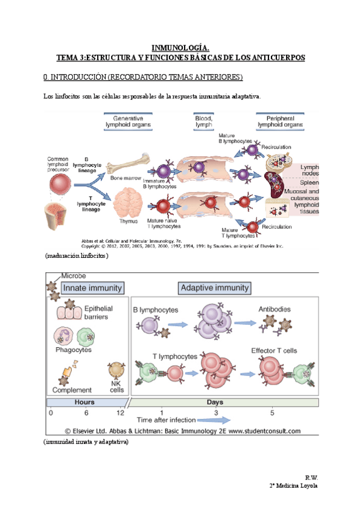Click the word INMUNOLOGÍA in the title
point(180,48)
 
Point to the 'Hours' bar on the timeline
point(84,402)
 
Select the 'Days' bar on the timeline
point(224,402)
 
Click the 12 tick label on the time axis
point(121,412)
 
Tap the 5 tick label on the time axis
point(272,412)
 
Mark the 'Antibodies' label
point(275,309)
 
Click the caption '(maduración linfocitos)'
point(77,256)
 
